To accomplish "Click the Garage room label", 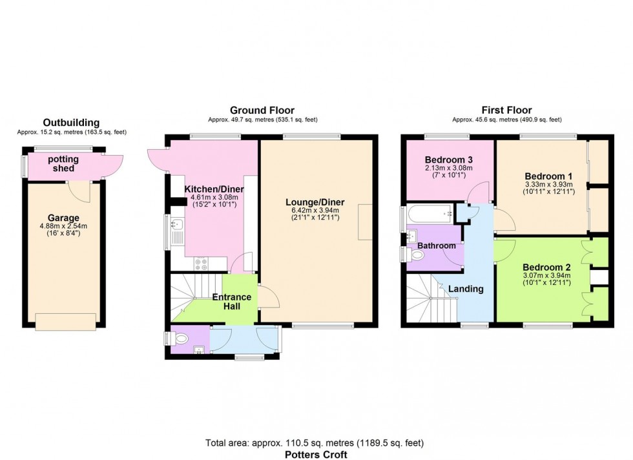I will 63,218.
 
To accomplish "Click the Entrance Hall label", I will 232,301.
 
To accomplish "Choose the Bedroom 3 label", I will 445,160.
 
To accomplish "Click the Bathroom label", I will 436,246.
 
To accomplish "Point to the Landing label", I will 466,289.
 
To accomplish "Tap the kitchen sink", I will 178,225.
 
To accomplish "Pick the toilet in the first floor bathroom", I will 417,256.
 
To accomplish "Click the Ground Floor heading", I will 262,110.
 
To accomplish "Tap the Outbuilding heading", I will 71,123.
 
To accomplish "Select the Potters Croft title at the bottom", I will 316,454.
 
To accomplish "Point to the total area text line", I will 316,443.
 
